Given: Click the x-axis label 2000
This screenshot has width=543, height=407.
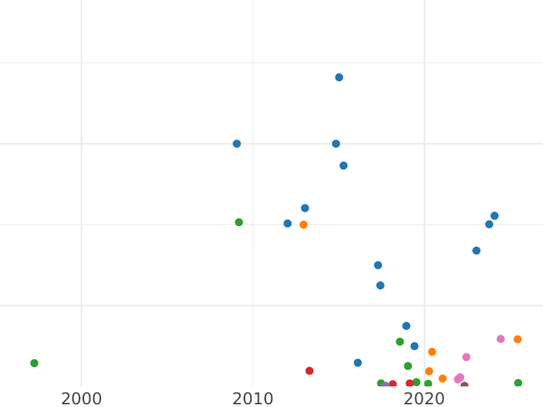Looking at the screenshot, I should pyautogui.click(x=81, y=399).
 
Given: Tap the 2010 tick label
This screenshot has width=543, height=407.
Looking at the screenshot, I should pyautogui.click(x=252, y=399).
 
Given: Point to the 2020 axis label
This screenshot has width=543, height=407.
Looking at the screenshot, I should pyautogui.click(x=424, y=399).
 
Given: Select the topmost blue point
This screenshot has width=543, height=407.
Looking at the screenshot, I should pyautogui.click(x=339, y=78).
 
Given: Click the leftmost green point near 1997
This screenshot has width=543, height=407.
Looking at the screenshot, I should pyautogui.click(x=34, y=364).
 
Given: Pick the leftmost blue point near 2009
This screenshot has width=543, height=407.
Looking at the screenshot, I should pyautogui.click(x=237, y=144).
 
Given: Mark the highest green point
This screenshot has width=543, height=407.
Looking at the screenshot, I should pyautogui.click(x=239, y=222).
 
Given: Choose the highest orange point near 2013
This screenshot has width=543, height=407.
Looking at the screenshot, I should pyautogui.click(x=303, y=225).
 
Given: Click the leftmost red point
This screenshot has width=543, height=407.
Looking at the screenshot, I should pyautogui.click(x=310, y=371).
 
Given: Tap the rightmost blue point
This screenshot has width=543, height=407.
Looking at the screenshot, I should pyautogui.click(x=494, y=216).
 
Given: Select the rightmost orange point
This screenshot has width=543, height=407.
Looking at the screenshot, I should pyautogui.click(x=518, y=340).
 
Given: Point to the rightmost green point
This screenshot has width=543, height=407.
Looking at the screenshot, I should pyautogui.click(x=519, y=383).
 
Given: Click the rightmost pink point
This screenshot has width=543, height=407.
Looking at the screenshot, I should pyautogui.click(x=500, y=339).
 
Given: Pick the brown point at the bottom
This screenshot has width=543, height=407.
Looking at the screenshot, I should pyautogui.click(x=464, y=386).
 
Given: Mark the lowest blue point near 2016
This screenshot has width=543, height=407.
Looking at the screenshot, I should pyautogui.click(x=357, y=363).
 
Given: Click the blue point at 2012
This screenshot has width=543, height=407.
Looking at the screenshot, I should pyautogui.click(x=288, y=223).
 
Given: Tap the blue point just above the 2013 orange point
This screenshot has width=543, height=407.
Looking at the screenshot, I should pyautogui.click(x=305, y=208).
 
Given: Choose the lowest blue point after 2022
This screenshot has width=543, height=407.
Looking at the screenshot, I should pyautogui.click(x=476, y=251).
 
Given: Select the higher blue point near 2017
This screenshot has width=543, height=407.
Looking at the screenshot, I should pyautogui.click(x=378, y=265).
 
